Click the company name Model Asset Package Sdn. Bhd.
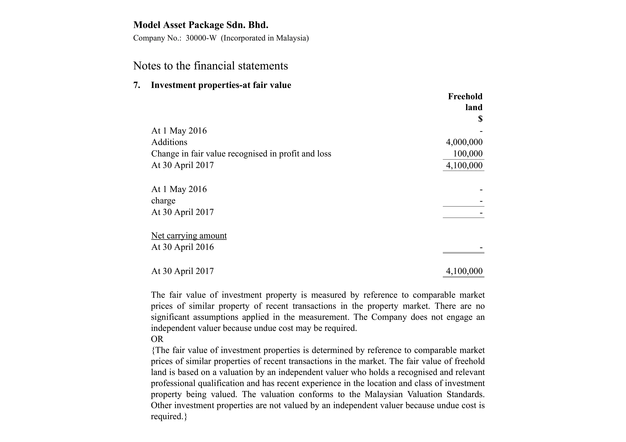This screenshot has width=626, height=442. point(201,25)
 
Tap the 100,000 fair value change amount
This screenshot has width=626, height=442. point(468,154)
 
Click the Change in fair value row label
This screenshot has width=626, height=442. point(241,154)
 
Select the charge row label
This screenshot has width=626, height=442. point(163,201)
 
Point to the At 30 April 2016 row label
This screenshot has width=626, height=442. point(182,247)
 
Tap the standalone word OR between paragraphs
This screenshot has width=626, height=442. point(157,339)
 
